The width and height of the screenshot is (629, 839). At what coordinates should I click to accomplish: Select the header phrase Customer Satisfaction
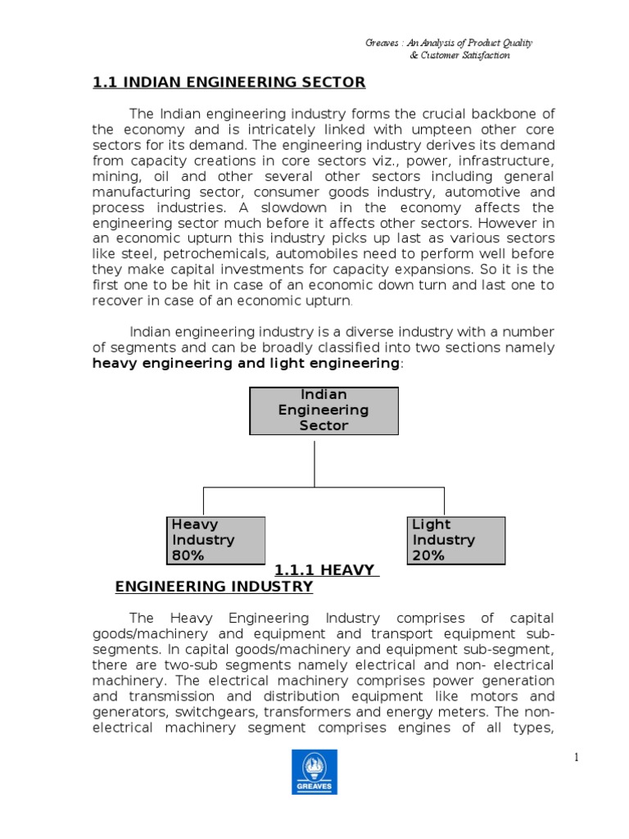click(464, 56)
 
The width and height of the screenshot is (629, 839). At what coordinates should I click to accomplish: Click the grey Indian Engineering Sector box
click(324, 410)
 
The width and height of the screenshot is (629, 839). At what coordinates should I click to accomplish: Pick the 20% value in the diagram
click(428, 556)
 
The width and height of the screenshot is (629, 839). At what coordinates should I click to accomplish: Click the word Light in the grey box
click(432, 524)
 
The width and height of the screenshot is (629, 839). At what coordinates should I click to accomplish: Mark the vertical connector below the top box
click(315, 460)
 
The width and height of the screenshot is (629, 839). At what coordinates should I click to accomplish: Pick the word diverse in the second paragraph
click(365, 332)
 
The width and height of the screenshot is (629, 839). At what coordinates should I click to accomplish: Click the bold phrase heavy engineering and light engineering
click(246, 363)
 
